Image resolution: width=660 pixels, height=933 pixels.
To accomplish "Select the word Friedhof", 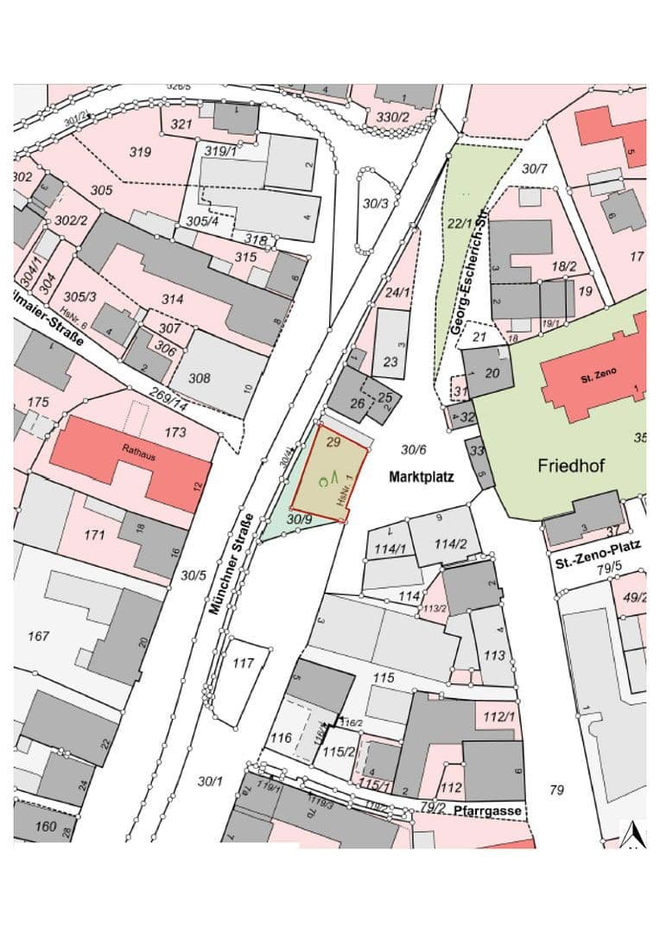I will (571, 466).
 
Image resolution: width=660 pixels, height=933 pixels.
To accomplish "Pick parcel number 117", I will (244, 663).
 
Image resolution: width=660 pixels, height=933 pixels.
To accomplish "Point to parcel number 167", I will (39, 637).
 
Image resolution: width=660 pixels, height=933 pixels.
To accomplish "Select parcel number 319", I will (140, 152).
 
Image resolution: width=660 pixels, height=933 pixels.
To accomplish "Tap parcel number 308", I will (199, 378).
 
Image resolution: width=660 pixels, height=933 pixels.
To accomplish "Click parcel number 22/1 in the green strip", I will (460, 223).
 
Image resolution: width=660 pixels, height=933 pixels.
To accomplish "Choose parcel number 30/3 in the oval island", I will (375, 204).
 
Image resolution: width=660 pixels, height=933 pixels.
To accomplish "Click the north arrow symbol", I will (633, 834).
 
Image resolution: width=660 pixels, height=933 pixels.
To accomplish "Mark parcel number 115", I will (383, 677).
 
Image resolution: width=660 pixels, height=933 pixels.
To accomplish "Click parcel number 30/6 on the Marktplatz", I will (414, 449).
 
